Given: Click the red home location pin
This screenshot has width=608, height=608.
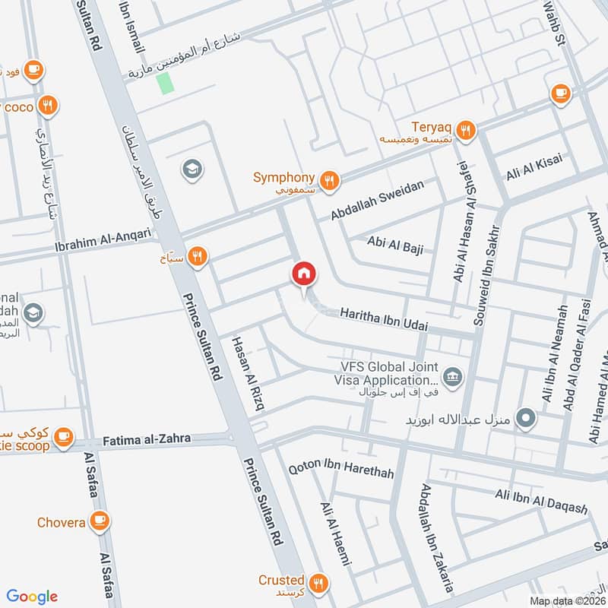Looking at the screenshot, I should (x=303, y=273).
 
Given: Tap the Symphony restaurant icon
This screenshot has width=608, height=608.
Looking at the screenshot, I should (x=329, y=179).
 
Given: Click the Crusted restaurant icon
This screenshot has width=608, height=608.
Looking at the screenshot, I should (x=318, y=583).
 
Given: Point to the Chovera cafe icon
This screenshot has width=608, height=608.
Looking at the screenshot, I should (x=98, y=521).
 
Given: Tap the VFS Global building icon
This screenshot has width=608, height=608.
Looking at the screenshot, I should (x=454, y=373).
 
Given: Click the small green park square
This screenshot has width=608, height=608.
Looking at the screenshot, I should (x=165, y=83).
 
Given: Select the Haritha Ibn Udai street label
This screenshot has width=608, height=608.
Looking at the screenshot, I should (x=384, y=319).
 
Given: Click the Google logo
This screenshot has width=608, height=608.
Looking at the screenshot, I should (x=32, y=597).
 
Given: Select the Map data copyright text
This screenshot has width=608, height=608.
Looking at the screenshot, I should (x=567, y=600).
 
